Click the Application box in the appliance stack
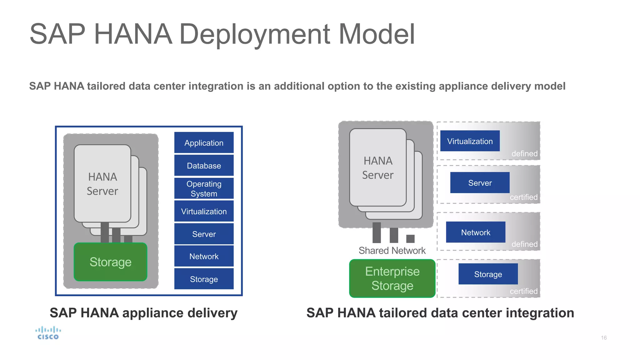click(204, 143)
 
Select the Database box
click(204, 166)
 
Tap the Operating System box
click(204, 188)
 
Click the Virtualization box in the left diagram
click(204, 211)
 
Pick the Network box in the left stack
click(204, 256)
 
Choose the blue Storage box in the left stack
click(204, 279)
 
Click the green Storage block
click(110, 262)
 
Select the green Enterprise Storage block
click(392, 278)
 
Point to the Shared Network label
click(392, 251)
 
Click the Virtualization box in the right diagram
click(470, 141)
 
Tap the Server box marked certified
click(480, 183)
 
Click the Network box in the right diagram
click(475, 232)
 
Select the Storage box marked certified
click(488, 274)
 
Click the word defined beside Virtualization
click(524, 154)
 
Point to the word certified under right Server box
click(523, 197)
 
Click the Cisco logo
click(48, 333)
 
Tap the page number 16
click(604, 338)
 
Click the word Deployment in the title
click(254, 34)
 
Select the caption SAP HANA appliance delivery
click(143, 313)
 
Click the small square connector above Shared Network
click(410, 239)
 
